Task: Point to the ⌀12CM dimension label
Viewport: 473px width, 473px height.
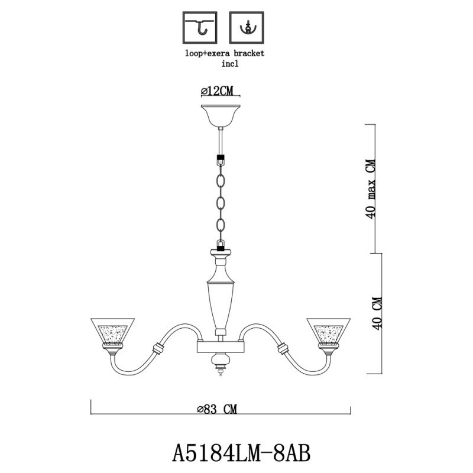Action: click(218, 90)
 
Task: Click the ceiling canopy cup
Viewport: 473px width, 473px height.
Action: click(221, 114)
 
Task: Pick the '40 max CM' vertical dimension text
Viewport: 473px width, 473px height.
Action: click(372, 189)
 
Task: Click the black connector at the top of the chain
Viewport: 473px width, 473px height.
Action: click(221, 160)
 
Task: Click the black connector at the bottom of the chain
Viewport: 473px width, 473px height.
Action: click(221, 245)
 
